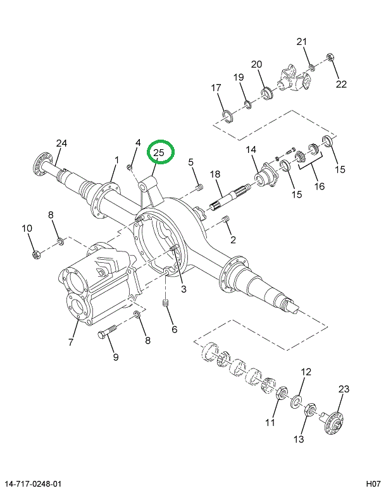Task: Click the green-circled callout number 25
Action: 159,152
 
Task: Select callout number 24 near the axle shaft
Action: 61,143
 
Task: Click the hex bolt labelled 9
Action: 106,334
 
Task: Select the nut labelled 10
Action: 37,255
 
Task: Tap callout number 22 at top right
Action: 341,84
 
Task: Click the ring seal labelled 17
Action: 226,114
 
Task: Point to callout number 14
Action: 251,150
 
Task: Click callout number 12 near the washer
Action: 306,372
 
